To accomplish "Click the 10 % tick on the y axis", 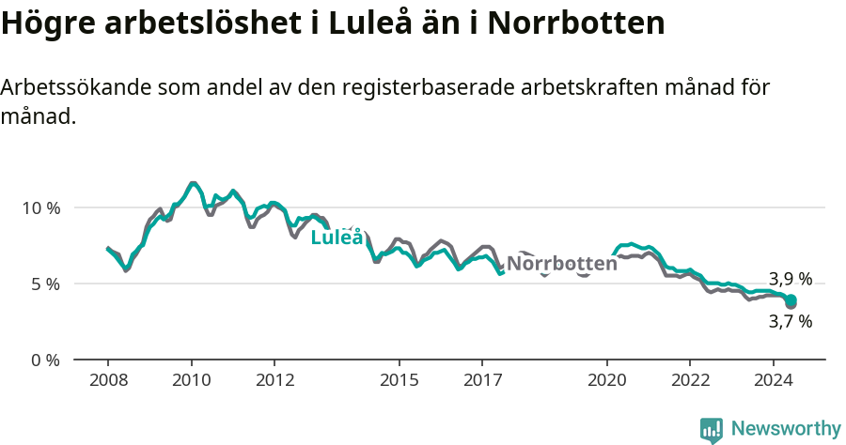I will point(40,207).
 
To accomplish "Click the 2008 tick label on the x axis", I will point(108,380).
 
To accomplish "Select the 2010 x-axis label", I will point(191,380).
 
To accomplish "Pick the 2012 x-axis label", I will point(274,380).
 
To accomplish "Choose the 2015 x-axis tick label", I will point(399,380).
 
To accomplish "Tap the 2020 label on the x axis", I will point(606,380).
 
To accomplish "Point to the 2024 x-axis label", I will point(773,380).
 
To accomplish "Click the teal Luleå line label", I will point(337,238).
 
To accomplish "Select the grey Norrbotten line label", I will point(561,264).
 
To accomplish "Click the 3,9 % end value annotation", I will point(790,279).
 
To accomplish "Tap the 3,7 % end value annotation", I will point(790,321).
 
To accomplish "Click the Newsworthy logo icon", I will point(712,430).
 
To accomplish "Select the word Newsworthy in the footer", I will point(785,429).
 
